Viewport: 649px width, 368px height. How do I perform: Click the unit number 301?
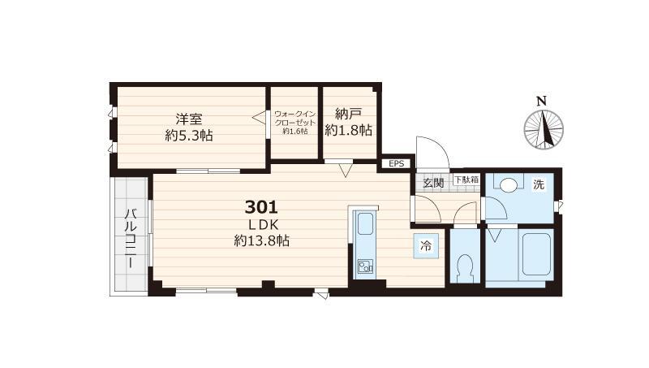click(x=261, y=207)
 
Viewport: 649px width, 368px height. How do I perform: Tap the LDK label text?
click(x=263, y=225)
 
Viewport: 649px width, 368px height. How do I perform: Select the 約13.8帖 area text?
click(x=261, y=240)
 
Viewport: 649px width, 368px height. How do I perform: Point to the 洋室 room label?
click(x=189, y=119)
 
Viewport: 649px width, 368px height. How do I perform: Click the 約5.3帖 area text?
click(x=189, y=136)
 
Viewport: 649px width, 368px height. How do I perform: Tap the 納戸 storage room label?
click(x=349, y=114)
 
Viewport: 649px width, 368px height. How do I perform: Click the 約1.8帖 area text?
click(x=349, y=131)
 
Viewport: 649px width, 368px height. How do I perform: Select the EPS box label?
click(x=396, y=164)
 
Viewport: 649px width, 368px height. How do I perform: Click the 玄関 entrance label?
click(x=433, y=182)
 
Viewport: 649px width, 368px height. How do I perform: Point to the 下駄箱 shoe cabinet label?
click(x=466, y=180)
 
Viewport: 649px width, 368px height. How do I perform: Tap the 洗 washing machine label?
click(x=539, y=184)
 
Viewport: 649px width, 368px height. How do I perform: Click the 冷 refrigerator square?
click(x=425, y=246)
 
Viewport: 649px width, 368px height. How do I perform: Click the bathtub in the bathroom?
click(x=536, y=254)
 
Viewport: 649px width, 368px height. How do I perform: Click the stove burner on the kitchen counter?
click(x=365, y=266)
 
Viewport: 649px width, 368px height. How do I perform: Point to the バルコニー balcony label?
click(x=131, y=239)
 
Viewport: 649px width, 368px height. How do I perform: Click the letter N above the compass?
click(x=541, y=101)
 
